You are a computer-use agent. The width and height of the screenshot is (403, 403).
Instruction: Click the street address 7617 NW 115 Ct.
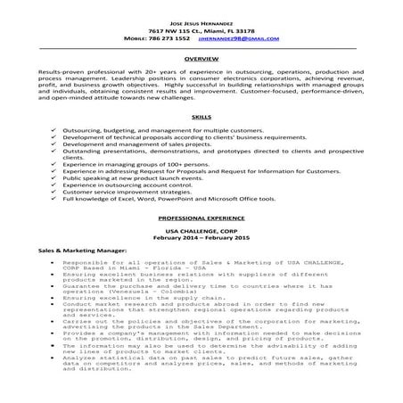point(178,29)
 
